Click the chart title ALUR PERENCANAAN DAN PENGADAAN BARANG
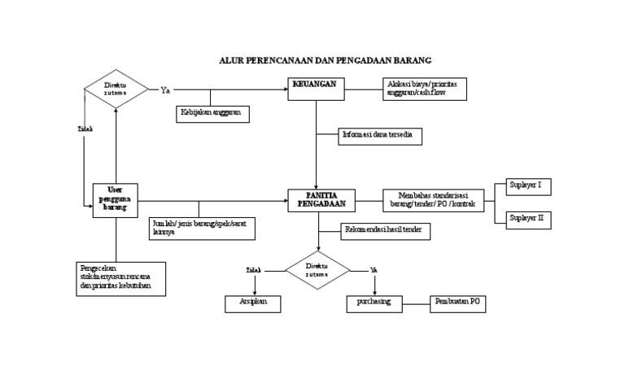coord(325,60)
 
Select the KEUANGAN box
coord(316,89)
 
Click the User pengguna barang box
coord(115,200)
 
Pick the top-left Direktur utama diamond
coord(116,89)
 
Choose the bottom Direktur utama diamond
coord(317,270)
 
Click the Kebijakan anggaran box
coord(212,114)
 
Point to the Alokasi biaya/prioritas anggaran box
coord(425,89)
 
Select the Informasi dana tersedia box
coord(380,137)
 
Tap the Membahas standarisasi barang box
coord(433,200)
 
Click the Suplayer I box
coord(528,186)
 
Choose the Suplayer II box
coord(528,219)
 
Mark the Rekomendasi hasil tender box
coord(385,232)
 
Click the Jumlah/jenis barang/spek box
coord(202,229)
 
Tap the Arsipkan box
coord(252,303)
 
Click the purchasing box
coord(374,303)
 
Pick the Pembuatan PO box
coord(457,303)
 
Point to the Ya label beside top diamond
coord(165,89)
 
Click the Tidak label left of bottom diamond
coord(255,269)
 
